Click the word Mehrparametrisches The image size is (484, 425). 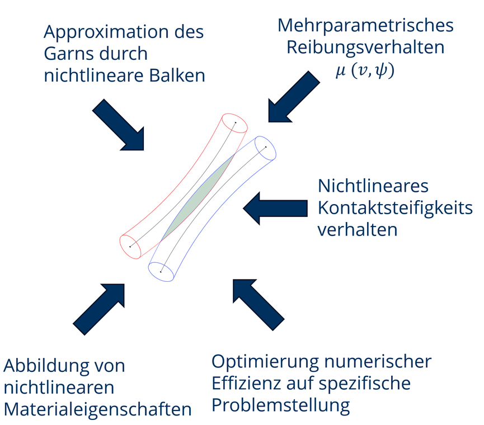(365, 26)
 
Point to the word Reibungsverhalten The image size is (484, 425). (365, 47)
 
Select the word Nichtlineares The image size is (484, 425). (373, 187)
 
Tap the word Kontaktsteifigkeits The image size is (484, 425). (395, 208)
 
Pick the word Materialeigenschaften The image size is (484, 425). (98, 409)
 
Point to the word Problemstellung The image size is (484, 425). (281, 404)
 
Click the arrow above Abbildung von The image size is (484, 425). (99, 309)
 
